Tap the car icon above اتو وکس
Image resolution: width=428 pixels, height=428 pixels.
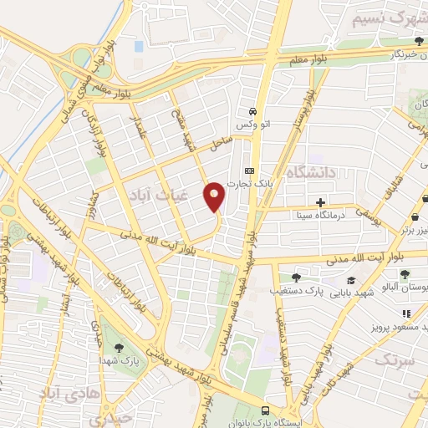click(x=252, y=111)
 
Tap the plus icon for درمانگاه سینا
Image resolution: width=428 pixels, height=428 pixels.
click(x=320, y=202)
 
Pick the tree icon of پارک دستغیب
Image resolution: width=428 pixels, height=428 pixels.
click(x=296, y=278)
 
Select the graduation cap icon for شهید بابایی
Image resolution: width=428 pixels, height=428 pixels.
click(x=352, y=280)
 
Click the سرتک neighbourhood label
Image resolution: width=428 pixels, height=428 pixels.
click(x=395, y=360)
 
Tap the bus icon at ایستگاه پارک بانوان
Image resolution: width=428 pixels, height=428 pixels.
click(x=265, y=410)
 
